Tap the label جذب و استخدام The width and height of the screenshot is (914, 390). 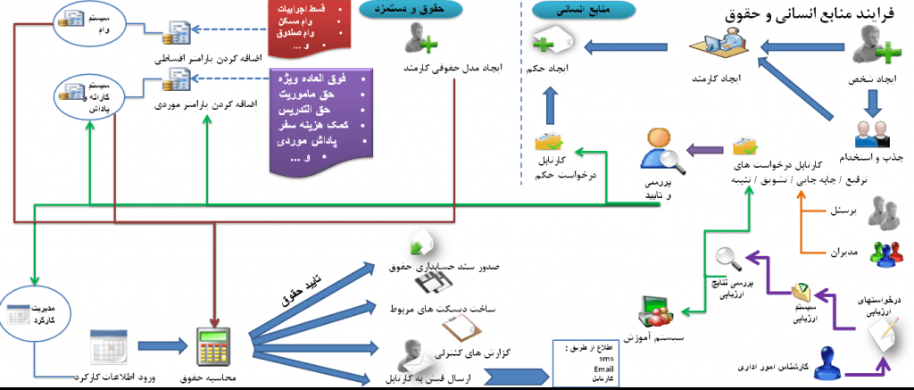point(870,158)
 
